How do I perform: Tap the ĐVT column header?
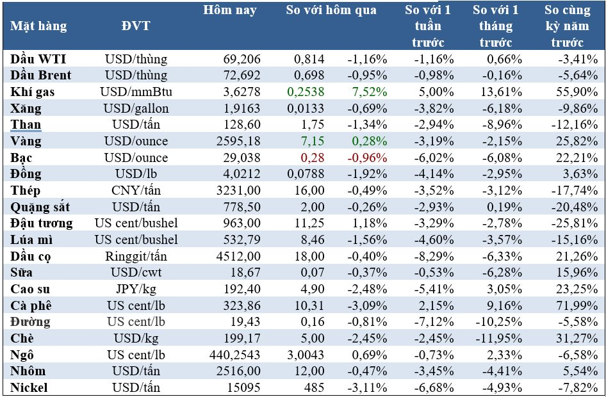136,26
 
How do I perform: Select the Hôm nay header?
230,10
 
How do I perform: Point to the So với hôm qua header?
331,10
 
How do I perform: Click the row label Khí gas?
33,92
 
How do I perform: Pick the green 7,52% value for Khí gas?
368,92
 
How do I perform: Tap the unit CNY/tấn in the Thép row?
136,191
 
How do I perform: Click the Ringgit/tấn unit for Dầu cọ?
136,256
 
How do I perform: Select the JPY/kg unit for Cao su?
136,289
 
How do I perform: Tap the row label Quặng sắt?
40,207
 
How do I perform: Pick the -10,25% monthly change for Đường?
494,322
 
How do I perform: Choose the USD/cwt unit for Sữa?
136,273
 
